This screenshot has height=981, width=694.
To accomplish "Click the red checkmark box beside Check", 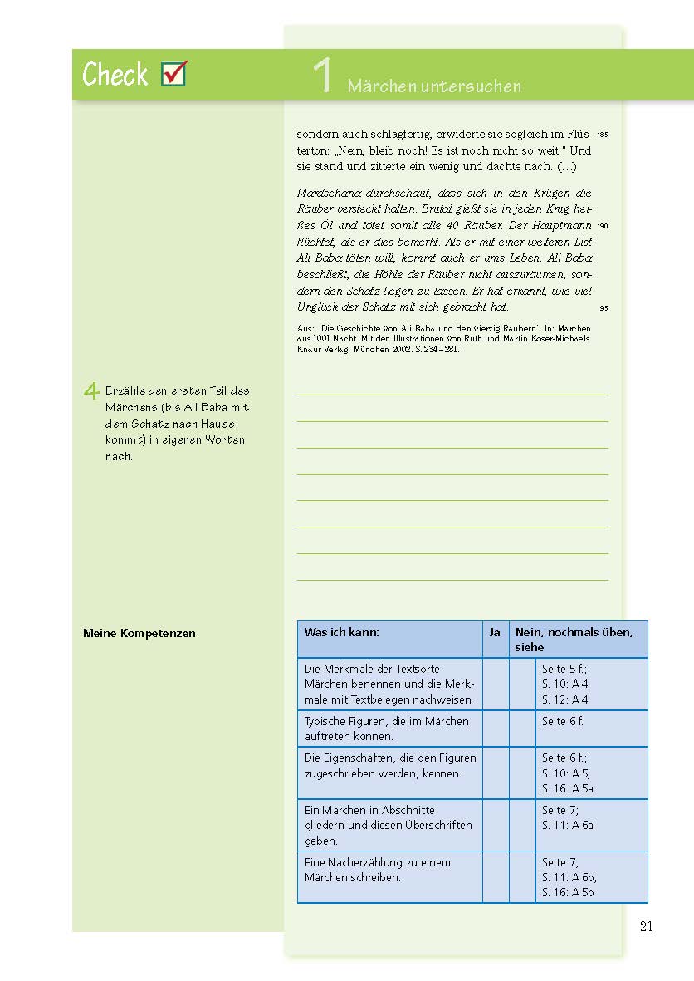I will click(173, 73).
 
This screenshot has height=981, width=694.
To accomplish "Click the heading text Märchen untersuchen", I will click(434, 86).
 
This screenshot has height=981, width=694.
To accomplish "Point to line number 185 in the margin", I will click(602, 135).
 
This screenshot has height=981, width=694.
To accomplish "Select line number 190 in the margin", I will click(602, 226).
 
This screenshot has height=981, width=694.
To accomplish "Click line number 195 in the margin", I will click(602, 308).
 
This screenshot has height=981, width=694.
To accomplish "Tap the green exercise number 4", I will click(92, 391).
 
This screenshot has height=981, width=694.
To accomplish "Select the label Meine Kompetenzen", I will click(139, 633).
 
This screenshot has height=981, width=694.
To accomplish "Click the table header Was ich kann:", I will click(342, 632).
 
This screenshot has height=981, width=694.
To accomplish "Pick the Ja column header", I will click(495, 632).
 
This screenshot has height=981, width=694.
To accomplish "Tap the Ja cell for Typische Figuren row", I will click(495, 728).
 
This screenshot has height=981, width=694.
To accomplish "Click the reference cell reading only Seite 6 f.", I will click(563, 721).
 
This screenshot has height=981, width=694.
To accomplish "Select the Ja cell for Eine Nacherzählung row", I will click(495, 876).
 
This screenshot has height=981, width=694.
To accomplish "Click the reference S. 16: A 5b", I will click(569, 893).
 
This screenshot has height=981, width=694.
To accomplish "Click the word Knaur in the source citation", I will click(311, 349).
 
